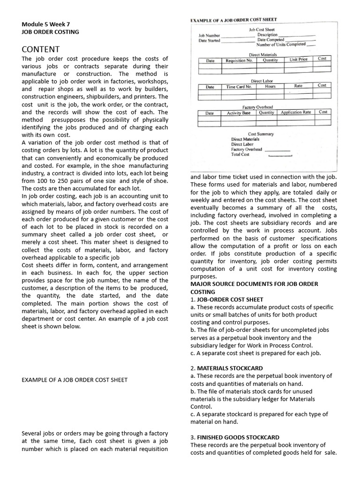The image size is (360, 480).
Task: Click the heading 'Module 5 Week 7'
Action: tap(46, 24)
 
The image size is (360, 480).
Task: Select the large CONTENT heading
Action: tap(41, 49)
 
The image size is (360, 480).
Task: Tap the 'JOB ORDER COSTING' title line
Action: tap(51, 32)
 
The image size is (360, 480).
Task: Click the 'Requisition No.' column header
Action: tap(239, 60)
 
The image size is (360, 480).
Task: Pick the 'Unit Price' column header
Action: tap(299, 60)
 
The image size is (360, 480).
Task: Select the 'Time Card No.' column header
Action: tap(239, 87)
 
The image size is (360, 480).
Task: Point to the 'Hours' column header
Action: tap(270, 86)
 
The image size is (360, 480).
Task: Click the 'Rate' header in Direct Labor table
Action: tap(298, 86)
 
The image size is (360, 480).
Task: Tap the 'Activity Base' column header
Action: tap(239, 113)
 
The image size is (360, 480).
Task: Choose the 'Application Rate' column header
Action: tap(296, 112)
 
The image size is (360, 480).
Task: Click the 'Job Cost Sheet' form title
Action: tap(262, 30)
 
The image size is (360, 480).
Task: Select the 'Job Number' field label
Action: tap(209, 36)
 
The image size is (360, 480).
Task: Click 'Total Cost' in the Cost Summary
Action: tap(240, 155)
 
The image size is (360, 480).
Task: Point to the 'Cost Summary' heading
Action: tap(261, 134)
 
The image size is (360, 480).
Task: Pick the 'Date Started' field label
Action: tap(209, 41)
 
